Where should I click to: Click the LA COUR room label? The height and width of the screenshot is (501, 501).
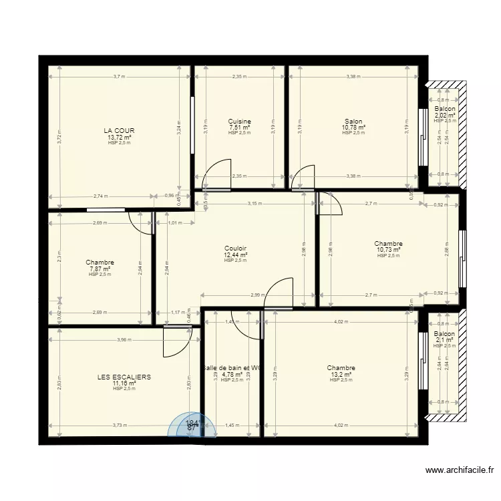[x=120, y=131]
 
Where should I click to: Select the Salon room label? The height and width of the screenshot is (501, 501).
[x=353, y=121]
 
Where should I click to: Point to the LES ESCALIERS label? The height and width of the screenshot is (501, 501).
[x=124, y=377]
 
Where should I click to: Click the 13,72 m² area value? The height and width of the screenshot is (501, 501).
[x=120, y=138]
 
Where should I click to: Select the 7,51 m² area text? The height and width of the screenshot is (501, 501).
[x=239, y=127]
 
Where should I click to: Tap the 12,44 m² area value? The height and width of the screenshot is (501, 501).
[x=236, y=255]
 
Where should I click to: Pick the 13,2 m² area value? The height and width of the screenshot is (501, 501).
[x=341, y=374]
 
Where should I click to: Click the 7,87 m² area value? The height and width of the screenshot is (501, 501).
[x=100, y=269]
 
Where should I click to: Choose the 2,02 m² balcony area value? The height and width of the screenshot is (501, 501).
[x=445, y=115]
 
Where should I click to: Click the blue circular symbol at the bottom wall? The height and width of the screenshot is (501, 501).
[x=192, y=426]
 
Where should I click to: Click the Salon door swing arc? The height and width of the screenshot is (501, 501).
[x=304, y=176]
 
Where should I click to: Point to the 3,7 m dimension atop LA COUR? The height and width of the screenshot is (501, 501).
[x=120, y=77]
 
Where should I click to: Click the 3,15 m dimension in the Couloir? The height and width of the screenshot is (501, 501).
[x=254, y=203]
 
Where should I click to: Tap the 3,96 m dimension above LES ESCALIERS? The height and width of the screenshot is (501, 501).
[x=124, y=339]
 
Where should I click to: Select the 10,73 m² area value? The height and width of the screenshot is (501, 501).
[x=388, y=250]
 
